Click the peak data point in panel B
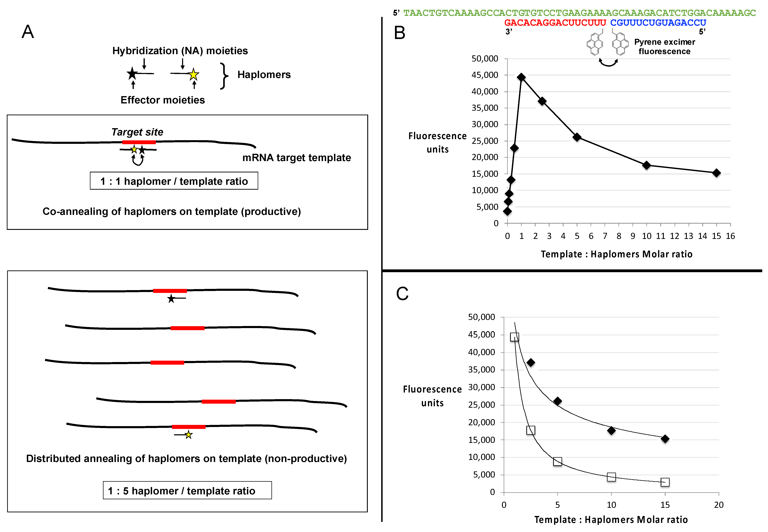point(521,77)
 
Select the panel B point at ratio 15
point(716,173)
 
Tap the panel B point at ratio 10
point(646,165)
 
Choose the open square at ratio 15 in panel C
point(665,482)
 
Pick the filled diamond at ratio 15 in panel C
point(665,439)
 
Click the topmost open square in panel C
point(514,337)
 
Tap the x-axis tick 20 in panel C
point(719,505)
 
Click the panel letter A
point(28,32)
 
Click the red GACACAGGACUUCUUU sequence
point(555,23)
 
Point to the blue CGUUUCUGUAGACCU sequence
point(658,23)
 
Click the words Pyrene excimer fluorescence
point(664,47)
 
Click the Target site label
point(137,132)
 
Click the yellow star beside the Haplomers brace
point(193,75)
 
